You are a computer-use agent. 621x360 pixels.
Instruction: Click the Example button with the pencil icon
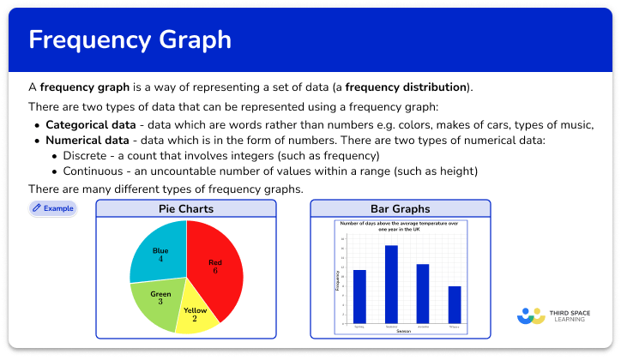coord(52,208)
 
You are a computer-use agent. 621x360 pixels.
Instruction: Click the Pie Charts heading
coord(186,209)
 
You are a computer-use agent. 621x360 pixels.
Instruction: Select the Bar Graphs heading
coord(401,209)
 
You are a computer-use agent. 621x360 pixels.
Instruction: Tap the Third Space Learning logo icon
coord(531,316)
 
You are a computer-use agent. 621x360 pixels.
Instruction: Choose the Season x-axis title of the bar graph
coord(403,331)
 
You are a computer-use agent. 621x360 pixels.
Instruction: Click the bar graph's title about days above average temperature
coord(401,225)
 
